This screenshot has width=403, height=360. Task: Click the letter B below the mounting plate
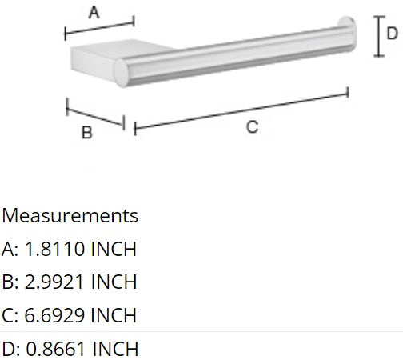86,134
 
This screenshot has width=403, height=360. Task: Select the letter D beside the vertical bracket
391,33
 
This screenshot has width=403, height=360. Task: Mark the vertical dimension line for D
377,36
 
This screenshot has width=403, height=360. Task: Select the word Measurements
70,216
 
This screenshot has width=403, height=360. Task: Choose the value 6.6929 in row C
55,314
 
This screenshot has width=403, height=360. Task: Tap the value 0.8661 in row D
56,348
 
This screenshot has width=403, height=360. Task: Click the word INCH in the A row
114,249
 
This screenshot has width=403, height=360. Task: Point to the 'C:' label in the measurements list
10,314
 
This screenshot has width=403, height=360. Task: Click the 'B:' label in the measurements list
10,282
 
